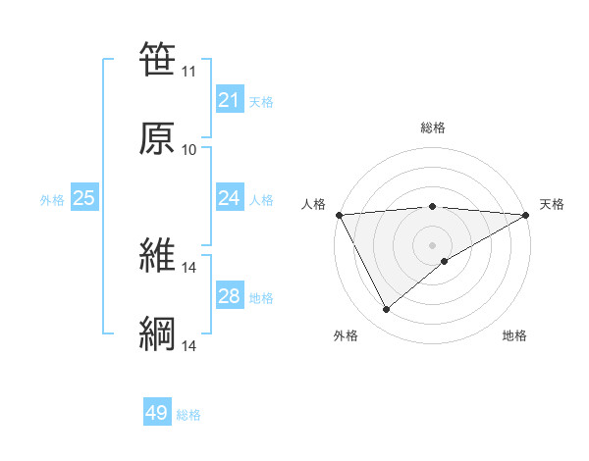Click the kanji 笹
(x=157, y=60)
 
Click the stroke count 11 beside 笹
(x=188, y=72)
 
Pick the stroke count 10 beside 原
(x=188, y=150)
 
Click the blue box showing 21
(x=229, y=100)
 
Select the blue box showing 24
(x=229, y=198)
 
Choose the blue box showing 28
(x=229, y=296)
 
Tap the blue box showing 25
(x=84, y=198)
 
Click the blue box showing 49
(x=157, y=413)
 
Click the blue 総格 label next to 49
(x=188, y=415)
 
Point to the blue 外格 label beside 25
(x=52, y=200)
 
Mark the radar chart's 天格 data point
(x=525, y=215)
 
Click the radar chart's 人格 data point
(x=339, y=215)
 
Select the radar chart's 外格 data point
(x=386, y=310)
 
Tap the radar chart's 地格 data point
(x=445, y=261)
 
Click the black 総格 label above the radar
(x=432, y=128)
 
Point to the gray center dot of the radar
(x=432, y=244)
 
